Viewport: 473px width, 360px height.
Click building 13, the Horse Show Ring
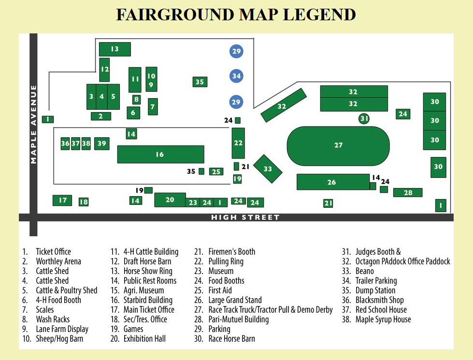[x=115, y=49]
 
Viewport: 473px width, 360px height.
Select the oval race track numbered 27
[x=338, y=145]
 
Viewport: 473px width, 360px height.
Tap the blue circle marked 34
[x=236, y=76]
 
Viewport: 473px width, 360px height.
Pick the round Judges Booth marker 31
[x=364, y=118]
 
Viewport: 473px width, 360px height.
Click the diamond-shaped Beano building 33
[x=268, y=169]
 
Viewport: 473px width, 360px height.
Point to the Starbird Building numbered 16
[x=160, y=154]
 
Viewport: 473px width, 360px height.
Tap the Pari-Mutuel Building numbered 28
[x=408, y=193]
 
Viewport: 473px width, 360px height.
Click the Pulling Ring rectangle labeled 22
[x=238, y=143]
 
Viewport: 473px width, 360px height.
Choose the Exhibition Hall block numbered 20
[x=170, y=200]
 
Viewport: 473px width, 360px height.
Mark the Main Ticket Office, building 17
[x=62, y=200]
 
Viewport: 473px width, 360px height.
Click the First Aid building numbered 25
[x=216, y=172]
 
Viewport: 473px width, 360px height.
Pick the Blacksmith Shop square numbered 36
[x=65, y=144]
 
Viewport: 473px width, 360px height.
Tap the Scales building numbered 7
[x=153, y=106]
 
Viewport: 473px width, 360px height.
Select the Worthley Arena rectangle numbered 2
[x=101, y=116]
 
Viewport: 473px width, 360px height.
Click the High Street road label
[x=245, y=217]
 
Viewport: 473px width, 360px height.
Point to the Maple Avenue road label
[x=33, y=124]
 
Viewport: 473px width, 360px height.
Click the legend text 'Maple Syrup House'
[x=383, y=319]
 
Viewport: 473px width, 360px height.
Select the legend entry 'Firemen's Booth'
[x=231, y=252]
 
